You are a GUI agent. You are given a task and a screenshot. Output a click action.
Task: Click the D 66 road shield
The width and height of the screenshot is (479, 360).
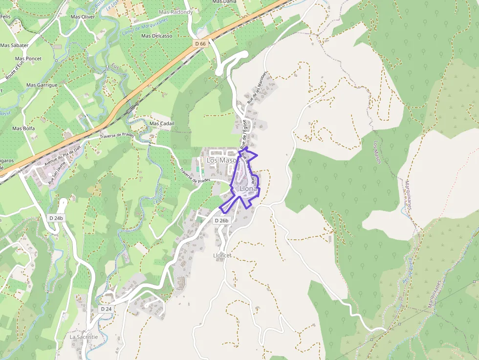click(200, 43)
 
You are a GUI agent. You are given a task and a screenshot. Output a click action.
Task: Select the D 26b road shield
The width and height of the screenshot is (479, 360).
click(221, 221)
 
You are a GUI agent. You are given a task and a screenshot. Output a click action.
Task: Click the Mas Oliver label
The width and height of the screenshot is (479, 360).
click(83, 17)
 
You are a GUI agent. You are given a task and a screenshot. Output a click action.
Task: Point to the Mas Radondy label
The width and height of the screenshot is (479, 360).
click(176, 12)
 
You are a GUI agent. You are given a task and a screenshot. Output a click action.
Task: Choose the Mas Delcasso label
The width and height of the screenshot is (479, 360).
click(156, 36)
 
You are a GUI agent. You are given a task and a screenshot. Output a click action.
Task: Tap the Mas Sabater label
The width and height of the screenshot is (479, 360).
click(14, 45)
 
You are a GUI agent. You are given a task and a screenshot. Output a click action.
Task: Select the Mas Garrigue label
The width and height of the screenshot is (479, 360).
click(42, 85)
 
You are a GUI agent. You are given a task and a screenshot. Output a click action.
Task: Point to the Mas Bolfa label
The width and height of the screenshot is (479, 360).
click(23, 128)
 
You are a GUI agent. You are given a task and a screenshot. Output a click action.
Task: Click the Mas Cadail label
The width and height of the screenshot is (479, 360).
click(162, 124)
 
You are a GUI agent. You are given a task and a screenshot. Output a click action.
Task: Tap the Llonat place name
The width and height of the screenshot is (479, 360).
click(248, 189)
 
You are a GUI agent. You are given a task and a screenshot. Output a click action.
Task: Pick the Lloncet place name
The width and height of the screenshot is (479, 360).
click(222, 255)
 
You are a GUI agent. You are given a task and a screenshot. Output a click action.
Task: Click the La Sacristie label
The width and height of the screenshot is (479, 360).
click(84, 337)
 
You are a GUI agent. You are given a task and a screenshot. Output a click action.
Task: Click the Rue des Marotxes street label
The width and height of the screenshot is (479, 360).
click(258, 88)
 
